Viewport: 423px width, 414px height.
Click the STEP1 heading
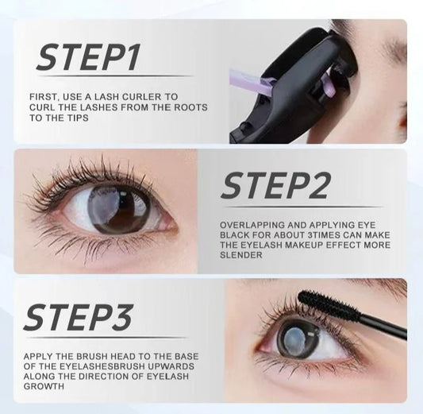click(x=88, y=57)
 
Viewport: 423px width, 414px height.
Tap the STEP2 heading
click(x=275, y=186)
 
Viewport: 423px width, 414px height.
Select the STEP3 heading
click(x=79, y=317)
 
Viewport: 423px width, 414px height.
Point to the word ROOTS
click(x=191, y=107)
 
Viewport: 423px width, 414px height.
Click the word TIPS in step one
click(x=77, y=118)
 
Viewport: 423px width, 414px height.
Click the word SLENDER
click(x=241, y=255)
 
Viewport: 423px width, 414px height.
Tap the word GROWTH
click(x=44, y=386)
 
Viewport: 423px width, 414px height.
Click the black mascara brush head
click(x=329, y=304)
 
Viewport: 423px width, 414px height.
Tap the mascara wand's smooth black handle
click(x=384, y=326)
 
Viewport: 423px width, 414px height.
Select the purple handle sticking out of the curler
click(x=248, y=83)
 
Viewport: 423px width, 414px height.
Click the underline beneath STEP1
click(x=115, y=76)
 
